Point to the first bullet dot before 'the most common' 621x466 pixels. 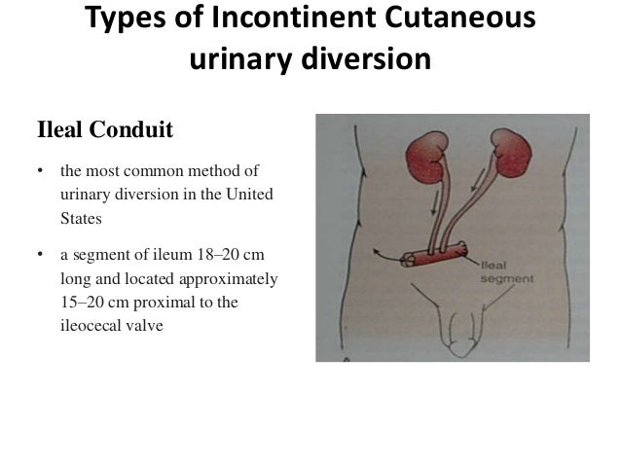(41, 174)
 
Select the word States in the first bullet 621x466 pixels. (81, 219)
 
